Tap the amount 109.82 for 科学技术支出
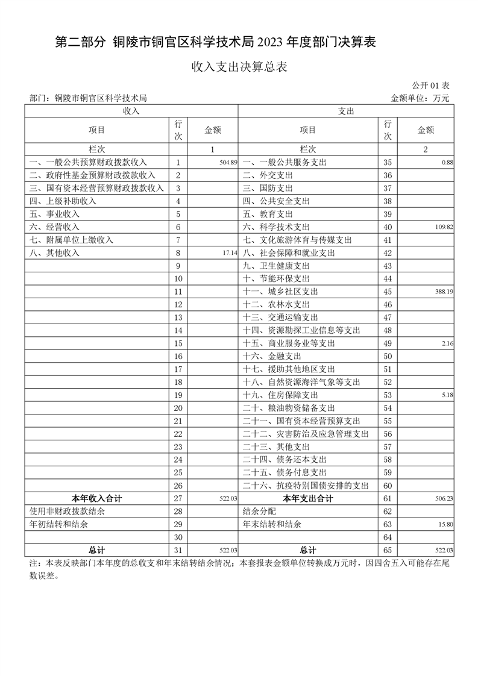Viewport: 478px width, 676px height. (444, 227)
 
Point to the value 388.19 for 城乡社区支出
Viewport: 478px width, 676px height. (444, 292)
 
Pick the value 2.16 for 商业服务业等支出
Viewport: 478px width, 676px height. (447, 343)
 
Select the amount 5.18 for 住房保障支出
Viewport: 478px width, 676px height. (447, 395)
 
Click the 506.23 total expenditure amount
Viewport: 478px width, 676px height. (444, 499)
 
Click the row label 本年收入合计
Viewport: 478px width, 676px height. (96, 499)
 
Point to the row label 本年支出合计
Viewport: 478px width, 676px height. (307, 499)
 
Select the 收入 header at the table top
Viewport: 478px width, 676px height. (131, 111)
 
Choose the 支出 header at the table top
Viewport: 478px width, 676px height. (346, 111)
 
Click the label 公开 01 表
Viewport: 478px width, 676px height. (431, 86)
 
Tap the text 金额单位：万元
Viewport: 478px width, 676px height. (420, 98)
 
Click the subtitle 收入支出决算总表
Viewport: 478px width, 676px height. (239, 67)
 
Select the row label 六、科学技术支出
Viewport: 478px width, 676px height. (276, 227)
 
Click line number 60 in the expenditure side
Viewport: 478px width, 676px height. (388, 486)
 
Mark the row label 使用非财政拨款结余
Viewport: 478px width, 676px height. (67, 512)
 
